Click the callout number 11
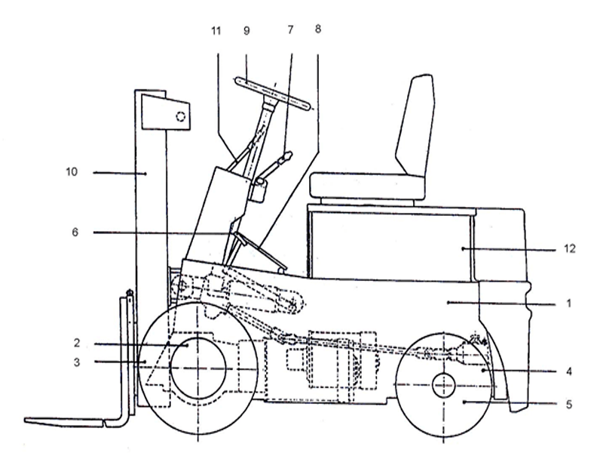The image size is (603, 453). coord(217,31)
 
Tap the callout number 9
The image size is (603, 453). coord(246,31)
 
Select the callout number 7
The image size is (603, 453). coord(291,31)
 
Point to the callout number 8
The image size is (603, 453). coord(317,29)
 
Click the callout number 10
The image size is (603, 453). coord(72,172)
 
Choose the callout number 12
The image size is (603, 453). coord(570,248)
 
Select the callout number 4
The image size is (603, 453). coord(570,371)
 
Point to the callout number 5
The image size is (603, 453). coord(570,403)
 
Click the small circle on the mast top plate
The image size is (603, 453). coord(180,116)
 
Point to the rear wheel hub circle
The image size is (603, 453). coord(444,385)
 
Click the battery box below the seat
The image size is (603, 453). coord(392,246)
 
